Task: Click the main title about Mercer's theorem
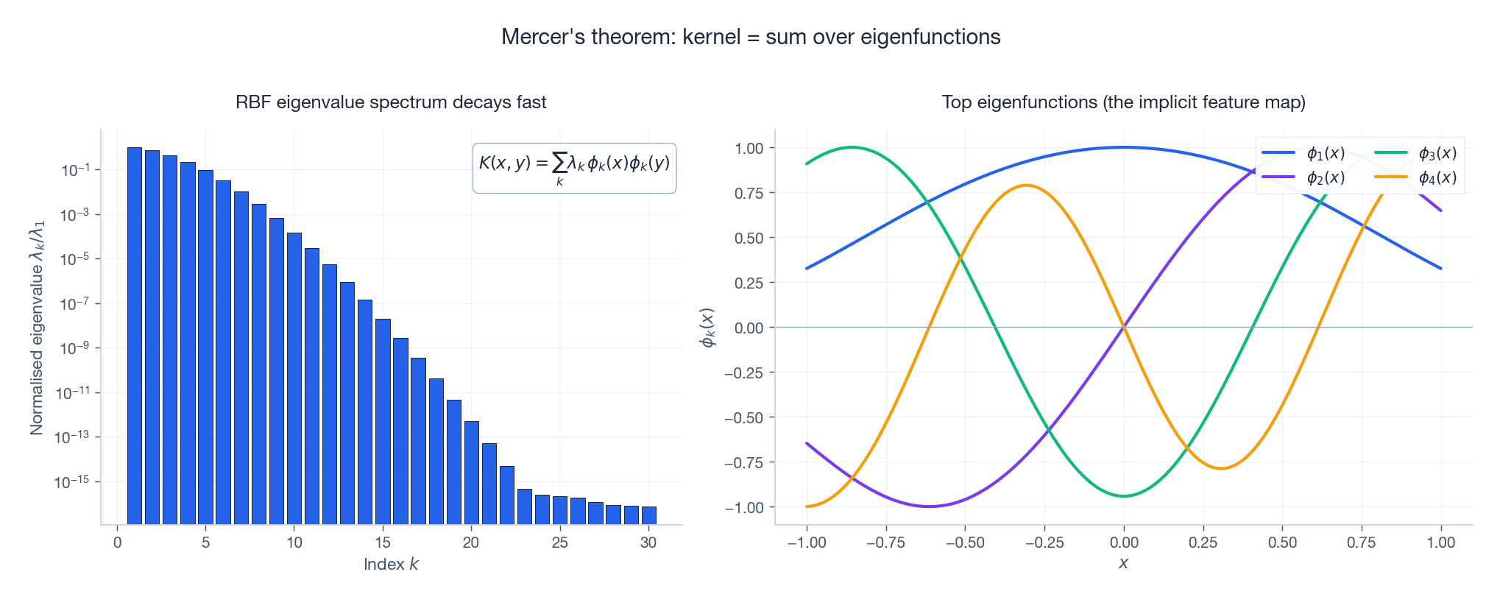(x=750, y=37)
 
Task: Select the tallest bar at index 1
(x=135, y=335)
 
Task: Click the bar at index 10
(x=294, y=378)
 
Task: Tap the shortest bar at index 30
(x=648, y=515)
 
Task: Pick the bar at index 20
(x=472, y=472)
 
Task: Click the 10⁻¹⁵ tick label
(x=72, y=482)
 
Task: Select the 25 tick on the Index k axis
(x=560, y=543)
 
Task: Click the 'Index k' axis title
(x=391, y=565)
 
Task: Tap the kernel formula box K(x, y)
(x=574, y=168)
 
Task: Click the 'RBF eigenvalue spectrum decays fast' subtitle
(x=391, y=102)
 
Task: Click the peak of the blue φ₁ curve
(x=1124, y=147)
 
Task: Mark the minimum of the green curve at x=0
(x=1124, y=495)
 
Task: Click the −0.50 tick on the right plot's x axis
(x=965, y=543)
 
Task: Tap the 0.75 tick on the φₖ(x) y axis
(x=749, y=193)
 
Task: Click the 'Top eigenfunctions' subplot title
(x=1123, y=102)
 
